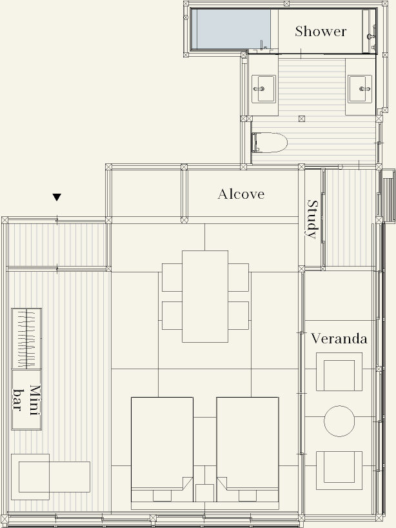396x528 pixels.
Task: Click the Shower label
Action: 321,32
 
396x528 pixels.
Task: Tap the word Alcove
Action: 241,194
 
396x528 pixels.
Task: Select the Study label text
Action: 313,219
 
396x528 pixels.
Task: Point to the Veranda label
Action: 339,338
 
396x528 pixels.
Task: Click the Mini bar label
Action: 26,400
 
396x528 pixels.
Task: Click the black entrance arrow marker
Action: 57,197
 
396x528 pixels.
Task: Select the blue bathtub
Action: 233,29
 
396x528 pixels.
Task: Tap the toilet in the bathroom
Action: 269,143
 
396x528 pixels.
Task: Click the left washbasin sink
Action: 264,88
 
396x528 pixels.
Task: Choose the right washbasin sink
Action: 360,88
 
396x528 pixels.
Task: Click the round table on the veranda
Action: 339,421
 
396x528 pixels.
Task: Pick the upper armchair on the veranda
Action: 339,372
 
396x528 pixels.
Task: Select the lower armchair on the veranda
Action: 339,471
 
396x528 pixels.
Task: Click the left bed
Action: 162,449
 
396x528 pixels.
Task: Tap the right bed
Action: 248,449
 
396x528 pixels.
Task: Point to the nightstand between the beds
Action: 204,493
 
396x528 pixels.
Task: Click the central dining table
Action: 205,296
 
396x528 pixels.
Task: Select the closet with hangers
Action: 26,338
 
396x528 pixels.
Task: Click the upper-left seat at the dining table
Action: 172,278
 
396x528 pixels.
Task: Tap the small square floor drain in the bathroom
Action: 302,119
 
